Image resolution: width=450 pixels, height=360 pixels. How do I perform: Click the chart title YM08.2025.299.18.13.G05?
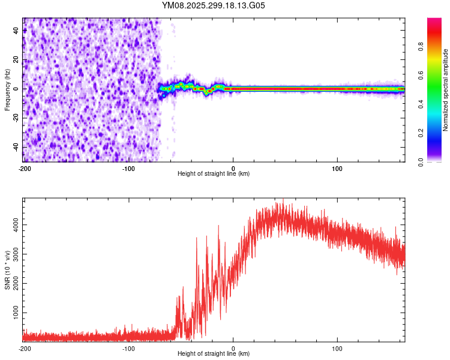(x=214, y=5)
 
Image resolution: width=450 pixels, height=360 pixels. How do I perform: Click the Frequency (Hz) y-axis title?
(x=7, y=89)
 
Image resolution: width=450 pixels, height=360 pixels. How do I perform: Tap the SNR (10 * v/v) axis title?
(x=7, y=269)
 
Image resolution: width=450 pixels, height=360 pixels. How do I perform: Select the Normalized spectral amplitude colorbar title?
(x=446, y=90)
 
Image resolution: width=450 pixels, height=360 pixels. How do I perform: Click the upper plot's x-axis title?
(x=214, y=174)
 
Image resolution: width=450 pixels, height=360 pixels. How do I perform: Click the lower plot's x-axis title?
(x=214, y=354)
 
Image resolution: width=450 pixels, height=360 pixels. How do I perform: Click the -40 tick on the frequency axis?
(x=16, y=147)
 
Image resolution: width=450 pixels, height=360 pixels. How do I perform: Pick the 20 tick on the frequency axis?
(x=16, y=59)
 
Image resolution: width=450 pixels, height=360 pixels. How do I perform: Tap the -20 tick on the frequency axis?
(x=16, y=118)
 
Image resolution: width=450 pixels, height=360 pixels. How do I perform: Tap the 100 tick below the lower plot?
(x=337, y=348)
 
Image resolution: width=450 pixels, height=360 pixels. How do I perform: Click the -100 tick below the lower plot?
(x=128, y=348)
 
